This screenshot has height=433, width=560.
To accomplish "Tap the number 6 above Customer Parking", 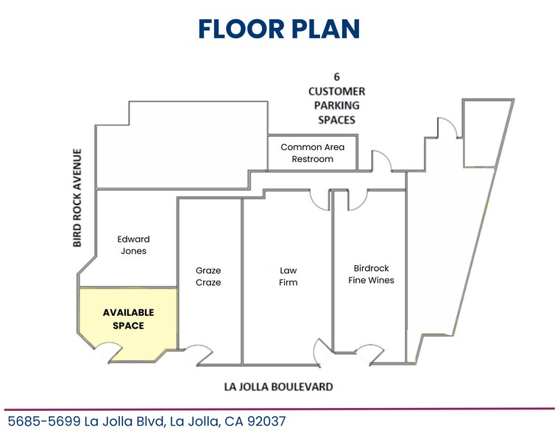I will pos(336,77).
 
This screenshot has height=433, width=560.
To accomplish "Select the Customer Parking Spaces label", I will pos(336,105).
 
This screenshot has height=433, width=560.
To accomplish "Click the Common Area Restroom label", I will pos(312,153).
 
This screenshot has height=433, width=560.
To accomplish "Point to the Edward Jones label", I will pos(133,245).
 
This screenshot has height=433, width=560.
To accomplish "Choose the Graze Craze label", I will pos(208,276).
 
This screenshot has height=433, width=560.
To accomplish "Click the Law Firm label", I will pos(288,276).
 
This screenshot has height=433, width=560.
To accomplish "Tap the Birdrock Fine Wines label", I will pos(371,274).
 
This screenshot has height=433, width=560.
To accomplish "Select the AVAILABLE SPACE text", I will pos(129,319).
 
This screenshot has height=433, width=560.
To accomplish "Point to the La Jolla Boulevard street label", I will pos(278,387).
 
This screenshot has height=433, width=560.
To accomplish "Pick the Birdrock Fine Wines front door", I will pos(371,355).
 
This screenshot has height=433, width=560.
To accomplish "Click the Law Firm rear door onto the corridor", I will pos(319,199).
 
